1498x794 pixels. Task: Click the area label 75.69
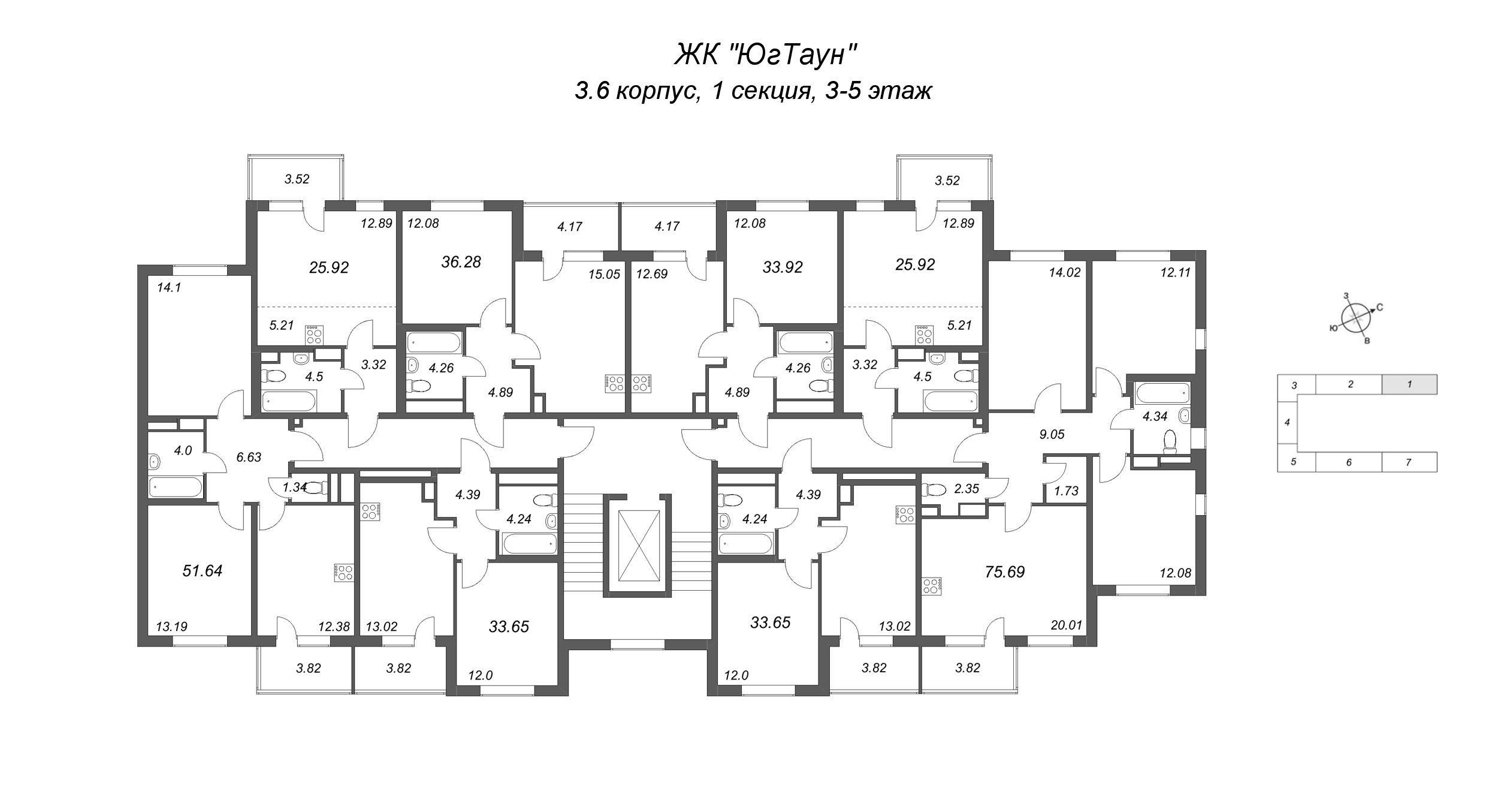[1005, 572]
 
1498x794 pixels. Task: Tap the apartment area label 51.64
[203, 570]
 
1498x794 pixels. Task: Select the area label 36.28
[461, 262]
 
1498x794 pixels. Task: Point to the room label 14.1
[168, 287]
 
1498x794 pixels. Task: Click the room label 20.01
[1067, 625]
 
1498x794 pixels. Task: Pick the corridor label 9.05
[1052, 434]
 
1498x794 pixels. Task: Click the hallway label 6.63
[249, 457]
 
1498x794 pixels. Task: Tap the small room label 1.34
[295, 487]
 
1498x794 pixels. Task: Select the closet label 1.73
[1066, 491]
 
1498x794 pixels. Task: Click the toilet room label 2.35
[967, 488]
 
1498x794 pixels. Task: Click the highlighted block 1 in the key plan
[1409, 384]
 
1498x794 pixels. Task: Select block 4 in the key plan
[1287, 422]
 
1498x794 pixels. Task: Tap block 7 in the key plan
[1409, 462]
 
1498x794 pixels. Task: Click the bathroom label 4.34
[1155, 416]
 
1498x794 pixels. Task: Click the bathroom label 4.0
[183, 450]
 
